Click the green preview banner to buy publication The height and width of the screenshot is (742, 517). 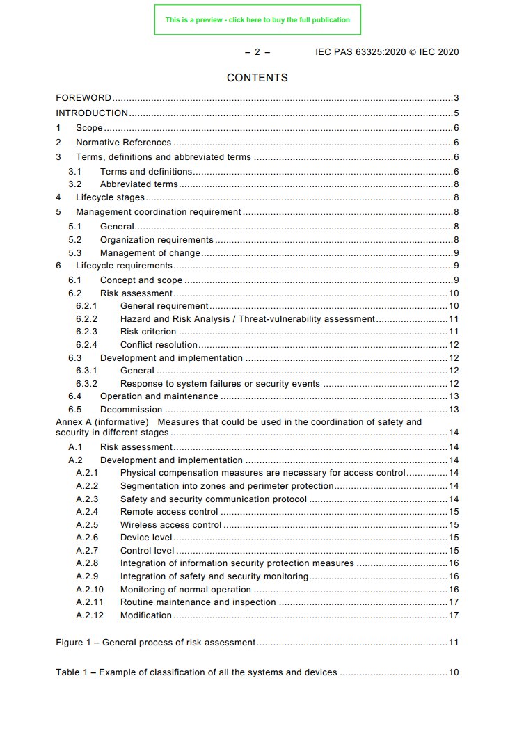(257, 20)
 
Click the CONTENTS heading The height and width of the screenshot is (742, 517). (257, 78)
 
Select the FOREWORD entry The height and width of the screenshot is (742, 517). (83, 98)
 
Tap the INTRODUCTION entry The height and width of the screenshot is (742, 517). (92, 113)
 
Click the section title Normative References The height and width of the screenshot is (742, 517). (123, 143)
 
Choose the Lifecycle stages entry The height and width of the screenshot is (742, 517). (111, 197)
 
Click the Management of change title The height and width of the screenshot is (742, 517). (150, 253)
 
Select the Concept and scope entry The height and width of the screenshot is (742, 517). (141, 280)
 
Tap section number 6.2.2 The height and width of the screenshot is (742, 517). (86, 319)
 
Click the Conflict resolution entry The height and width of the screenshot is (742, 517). (159, 345)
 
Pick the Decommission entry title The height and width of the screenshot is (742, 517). (131, 410)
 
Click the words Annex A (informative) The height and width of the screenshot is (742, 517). (102, 422)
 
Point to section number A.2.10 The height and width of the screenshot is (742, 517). (89, 590)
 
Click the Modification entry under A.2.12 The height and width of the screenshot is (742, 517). (146, 615)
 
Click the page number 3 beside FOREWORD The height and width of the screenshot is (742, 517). (456, 98)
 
